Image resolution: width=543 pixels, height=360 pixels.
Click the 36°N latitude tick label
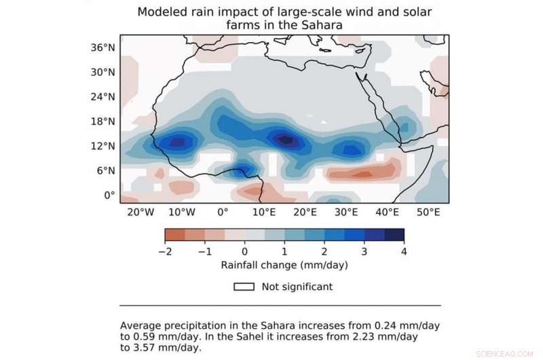(105, 48)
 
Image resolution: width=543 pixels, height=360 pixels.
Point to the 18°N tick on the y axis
(105, 122)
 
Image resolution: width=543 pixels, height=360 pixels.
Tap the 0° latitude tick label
(109, 196)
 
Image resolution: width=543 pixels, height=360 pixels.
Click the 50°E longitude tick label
(428, 213)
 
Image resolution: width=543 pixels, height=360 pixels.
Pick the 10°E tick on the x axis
(263, 213)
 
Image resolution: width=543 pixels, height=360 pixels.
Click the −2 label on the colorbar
(164, 252)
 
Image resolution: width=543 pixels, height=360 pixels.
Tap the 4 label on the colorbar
(404, 252)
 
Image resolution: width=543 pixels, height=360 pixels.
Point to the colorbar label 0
(244, 252)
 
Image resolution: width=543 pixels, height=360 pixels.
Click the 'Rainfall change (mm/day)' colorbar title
(284, 264)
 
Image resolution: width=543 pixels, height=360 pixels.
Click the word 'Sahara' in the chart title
(319, 25)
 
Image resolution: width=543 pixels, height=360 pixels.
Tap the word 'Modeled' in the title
(162, 12)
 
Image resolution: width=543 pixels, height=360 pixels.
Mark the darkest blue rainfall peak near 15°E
(286, 140)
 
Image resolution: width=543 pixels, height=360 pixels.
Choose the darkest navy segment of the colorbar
(394, 234)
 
